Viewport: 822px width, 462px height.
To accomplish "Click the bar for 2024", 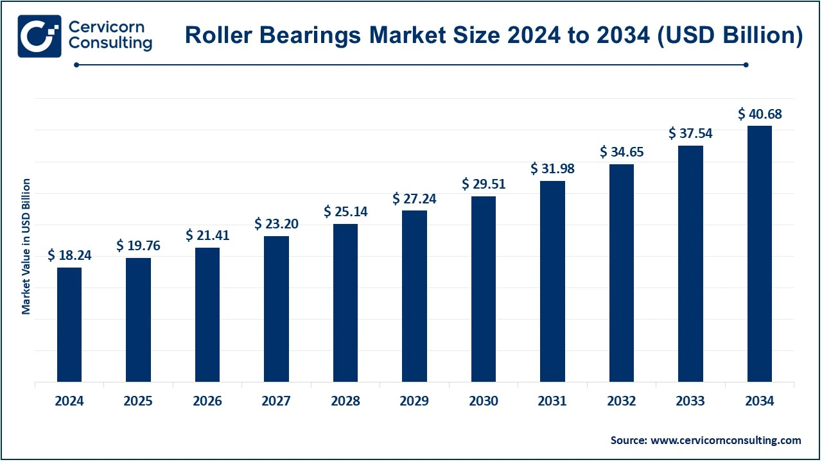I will pyautogui.click(x=69, y=325).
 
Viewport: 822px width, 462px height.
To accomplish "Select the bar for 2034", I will pyautogui.click(x=760, y=254).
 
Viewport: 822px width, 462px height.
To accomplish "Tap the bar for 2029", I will pyautogui.click(x=414, y=296).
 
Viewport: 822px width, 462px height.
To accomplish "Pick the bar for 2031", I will pyautogui.click(x=552, y=282).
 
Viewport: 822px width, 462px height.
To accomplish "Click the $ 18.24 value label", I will pyautogui.click(x=69, y=255).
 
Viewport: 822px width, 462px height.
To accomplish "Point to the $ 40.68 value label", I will pyautogui.click(x=760, y=114).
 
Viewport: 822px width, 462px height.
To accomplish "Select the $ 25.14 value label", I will pyautogui.click(x=345, y=211).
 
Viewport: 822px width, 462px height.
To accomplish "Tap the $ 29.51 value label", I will pyautogui.click(x=484, y=184).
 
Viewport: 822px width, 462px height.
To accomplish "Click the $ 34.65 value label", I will pyautogui.click(x=622, y=152).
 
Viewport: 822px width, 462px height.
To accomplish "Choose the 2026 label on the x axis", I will pyautogui.click(x=207, y=401).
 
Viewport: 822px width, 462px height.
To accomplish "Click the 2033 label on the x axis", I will pyautogui.click(x=690, y=401).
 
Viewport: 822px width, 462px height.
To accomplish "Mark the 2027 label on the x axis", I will pyautogui.click(x=276, y=401).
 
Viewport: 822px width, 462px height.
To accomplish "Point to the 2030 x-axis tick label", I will pyautogui.click(x=484, y=401).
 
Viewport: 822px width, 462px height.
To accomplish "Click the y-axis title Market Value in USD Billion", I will pyautogui.click(x=26, y=246).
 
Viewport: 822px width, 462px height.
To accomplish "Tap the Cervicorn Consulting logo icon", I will pyautogui.click(x=40, y=36).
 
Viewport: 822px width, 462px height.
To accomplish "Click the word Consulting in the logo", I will pyautogui.click(x=110, y=44).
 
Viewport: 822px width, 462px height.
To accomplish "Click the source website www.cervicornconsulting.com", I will pyautogui.click(x=726, y=440).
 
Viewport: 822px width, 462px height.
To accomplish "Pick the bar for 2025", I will pyautogui.click(x=138, y=320).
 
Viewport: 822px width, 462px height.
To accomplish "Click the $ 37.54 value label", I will pyautogui.click(x=690, y=133).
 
